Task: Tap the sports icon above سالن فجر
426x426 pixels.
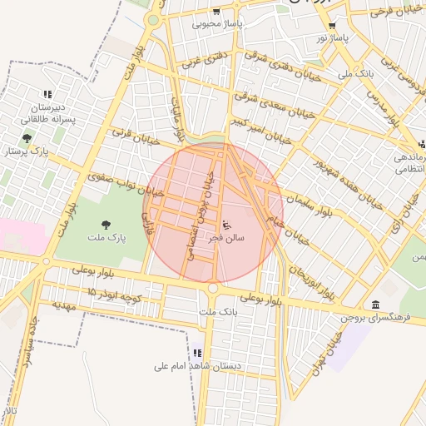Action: coord(226,224)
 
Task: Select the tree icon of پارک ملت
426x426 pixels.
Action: coord(106,224)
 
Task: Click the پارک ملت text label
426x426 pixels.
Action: coord(106,238)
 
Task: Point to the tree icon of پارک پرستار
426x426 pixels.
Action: coord(27,137)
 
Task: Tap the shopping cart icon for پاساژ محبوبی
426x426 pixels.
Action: coord(216,12)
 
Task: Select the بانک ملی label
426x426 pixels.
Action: coord(356,73)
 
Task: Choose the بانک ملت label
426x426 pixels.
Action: coord(219,311)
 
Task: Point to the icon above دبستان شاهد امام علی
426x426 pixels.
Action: coord(197,353)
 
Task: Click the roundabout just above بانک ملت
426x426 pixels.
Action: coord(213,288)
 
